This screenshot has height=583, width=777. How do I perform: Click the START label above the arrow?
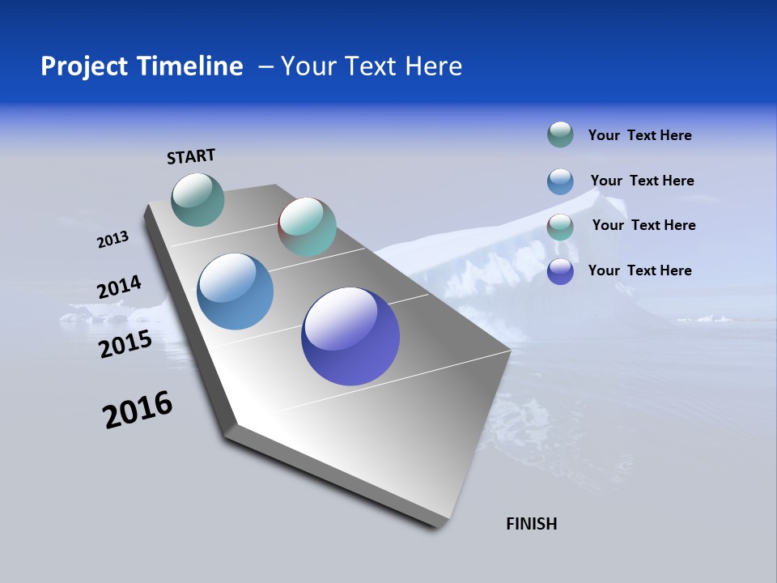click(191, 156)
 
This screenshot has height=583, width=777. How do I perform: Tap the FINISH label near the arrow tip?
click(532, 524)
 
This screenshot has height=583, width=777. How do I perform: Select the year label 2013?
click(113, 240)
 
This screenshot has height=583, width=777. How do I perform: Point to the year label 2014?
click(119, 287)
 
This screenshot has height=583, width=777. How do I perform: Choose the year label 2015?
click(125, 344)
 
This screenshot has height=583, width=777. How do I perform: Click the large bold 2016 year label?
click(138, 410)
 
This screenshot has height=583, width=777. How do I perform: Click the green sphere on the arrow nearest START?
click(197, 199)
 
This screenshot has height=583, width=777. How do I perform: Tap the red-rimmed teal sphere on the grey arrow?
click(307, 227)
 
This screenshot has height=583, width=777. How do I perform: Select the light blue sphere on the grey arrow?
click(235, 291)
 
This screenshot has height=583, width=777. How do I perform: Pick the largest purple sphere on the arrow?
click(350, 336)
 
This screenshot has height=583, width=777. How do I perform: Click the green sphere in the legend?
click(560, 134)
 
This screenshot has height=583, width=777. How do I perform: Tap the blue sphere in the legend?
click(560, 181)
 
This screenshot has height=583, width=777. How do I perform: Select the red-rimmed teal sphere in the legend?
click(560, 227)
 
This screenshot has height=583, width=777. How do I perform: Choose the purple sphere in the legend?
click(560, 271)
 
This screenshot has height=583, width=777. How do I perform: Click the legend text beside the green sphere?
click(639, 135)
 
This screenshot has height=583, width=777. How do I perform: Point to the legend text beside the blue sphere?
click(642, 181)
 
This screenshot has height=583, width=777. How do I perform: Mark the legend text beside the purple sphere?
click(639, 270)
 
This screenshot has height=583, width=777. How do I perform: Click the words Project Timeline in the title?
click(142, 66)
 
